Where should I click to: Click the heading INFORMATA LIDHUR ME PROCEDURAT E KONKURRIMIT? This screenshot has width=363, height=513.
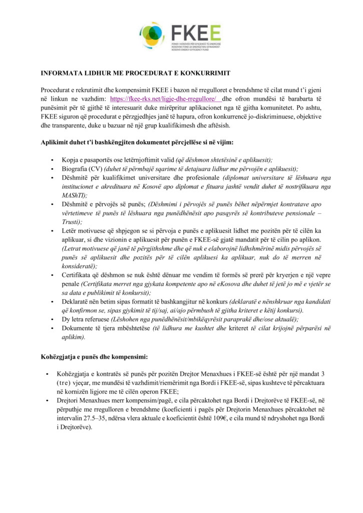pyautogui.click(x=135, y=73)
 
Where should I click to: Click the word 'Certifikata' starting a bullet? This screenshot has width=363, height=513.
pyautogui.click(x=77, y=275)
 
